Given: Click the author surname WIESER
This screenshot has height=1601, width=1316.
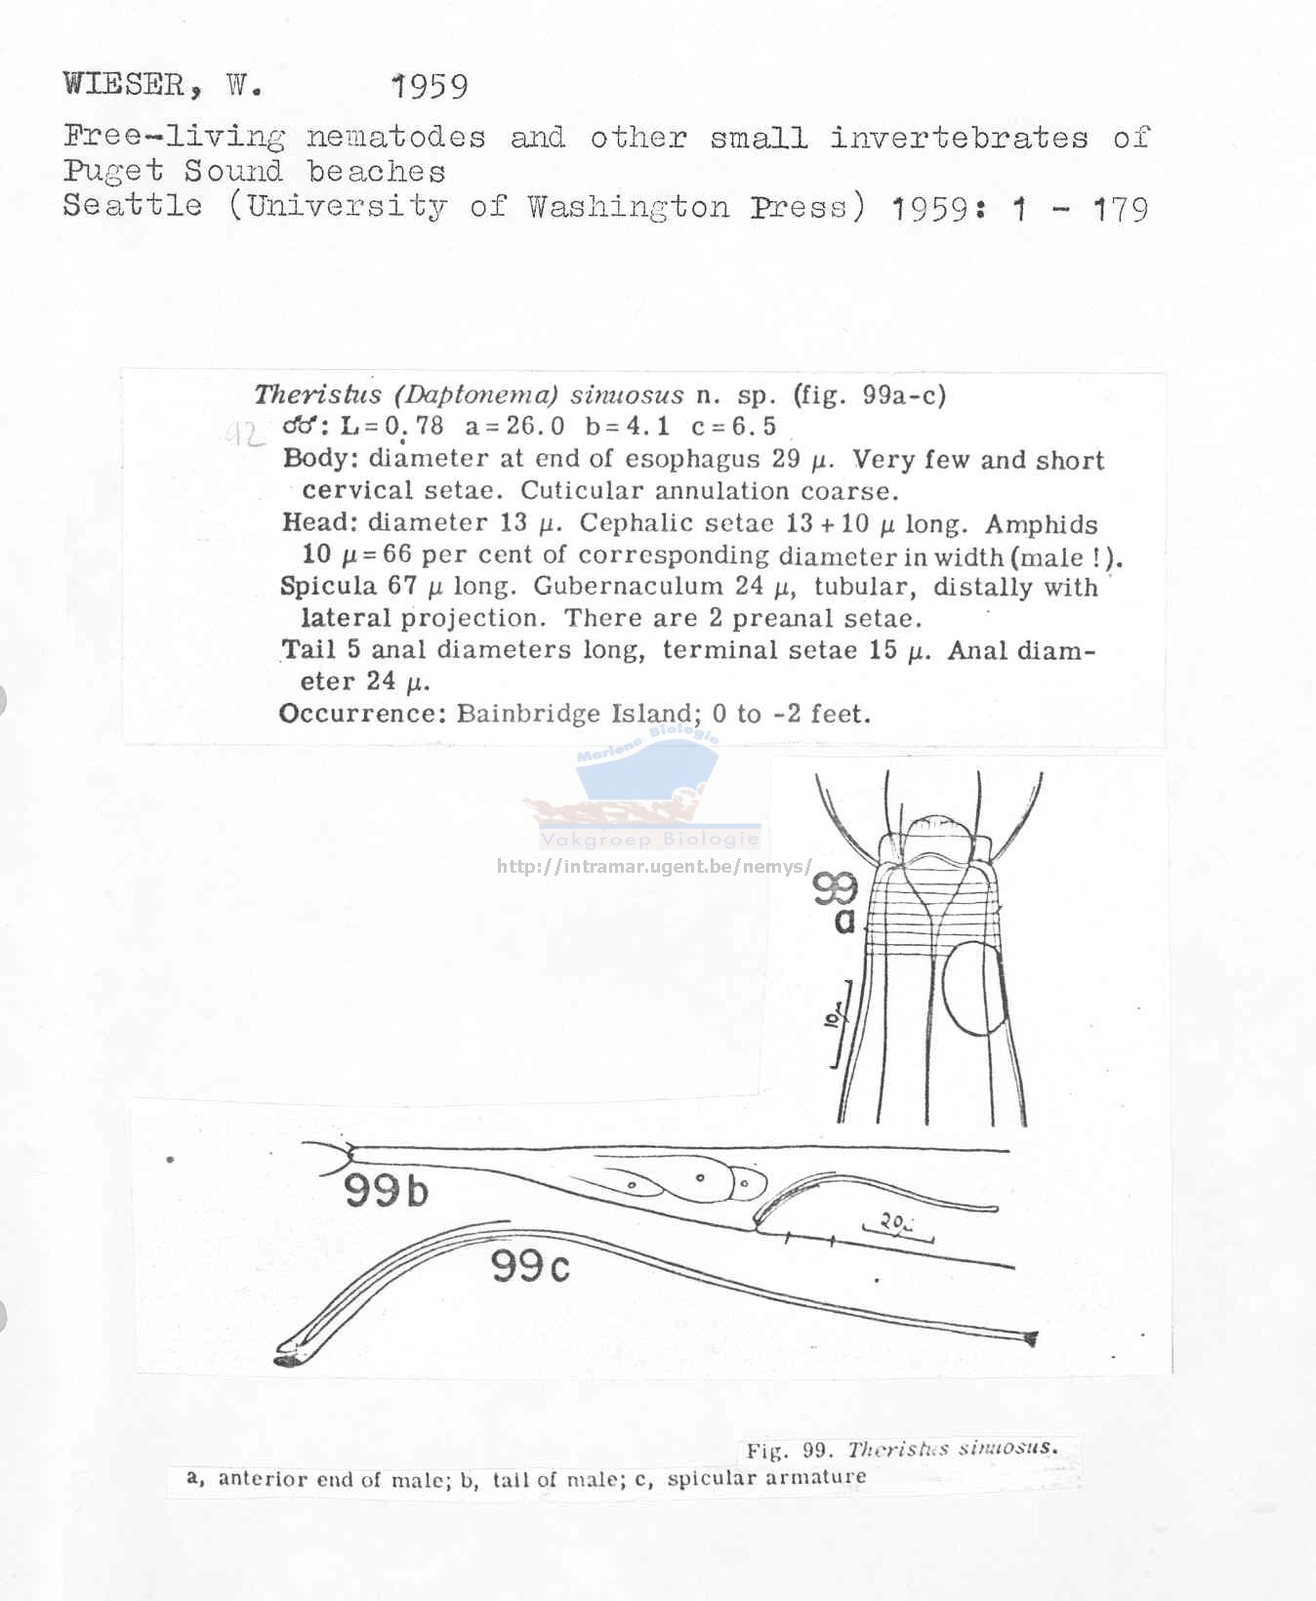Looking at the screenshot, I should (x=124, y=85).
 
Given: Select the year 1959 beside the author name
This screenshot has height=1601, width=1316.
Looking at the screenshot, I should (x=430, y=87).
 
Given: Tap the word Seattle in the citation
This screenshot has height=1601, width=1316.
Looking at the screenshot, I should (x=133, y=206).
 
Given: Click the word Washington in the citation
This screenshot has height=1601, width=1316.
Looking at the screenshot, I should (x=629, y=207).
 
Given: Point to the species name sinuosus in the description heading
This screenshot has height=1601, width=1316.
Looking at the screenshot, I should (x=627, y=395).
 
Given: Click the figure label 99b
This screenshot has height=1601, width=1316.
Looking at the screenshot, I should (x=386, y=1192).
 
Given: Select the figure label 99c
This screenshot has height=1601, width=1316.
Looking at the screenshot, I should (x=530, y=1266).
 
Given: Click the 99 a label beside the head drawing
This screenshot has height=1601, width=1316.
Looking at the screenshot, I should (x=837, y=901).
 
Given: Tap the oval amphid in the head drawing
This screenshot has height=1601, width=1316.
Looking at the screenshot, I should (x=973, y=986).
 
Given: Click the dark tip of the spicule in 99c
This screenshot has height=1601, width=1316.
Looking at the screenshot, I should (x=287, y=1357).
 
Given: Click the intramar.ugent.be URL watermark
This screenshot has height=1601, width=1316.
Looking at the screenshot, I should (x=653, y=866).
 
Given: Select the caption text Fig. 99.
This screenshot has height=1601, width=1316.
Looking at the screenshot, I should (x=787, y=1450).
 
